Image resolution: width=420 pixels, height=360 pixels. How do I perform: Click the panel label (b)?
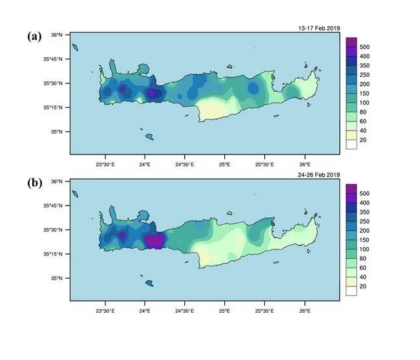[35, 183]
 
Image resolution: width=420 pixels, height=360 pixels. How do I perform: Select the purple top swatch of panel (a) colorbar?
[352, 43]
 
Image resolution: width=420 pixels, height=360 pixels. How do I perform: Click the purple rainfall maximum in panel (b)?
[154, 240]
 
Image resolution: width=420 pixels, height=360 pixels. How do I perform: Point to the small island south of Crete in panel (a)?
[149, 137]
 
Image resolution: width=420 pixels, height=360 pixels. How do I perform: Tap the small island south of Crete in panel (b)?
[149, 284]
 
